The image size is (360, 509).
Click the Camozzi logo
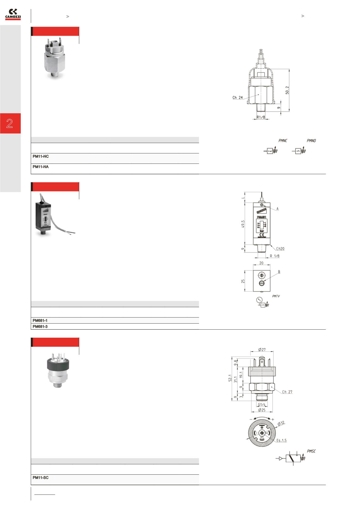tap(13, 14)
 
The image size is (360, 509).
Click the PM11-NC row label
tap(41, 157)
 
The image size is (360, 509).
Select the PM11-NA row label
tap(41, 167)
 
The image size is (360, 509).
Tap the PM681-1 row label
tap(40, 321)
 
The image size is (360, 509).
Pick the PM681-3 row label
tap(40, 327)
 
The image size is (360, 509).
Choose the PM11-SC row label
tap(41, 478)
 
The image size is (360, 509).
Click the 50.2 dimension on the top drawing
tap(287, 90)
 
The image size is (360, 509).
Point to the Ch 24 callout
tap(237, 98)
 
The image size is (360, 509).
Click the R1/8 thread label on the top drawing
tap(261, 117)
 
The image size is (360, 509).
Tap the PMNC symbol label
tap(283, 141)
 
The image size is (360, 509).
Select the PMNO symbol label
tap(311, 141)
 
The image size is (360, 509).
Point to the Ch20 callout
tap(280, 249)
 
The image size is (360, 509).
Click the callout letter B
tap(279, 272)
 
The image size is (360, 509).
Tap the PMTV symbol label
tap(276, 296)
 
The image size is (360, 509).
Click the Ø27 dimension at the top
tap(262, 350)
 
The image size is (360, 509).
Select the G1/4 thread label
tap(261, 405)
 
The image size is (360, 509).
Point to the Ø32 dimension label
tap(281, 423)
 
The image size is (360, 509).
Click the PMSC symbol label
tap(311, 451)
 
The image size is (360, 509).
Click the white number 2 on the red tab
tap(10, 123)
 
